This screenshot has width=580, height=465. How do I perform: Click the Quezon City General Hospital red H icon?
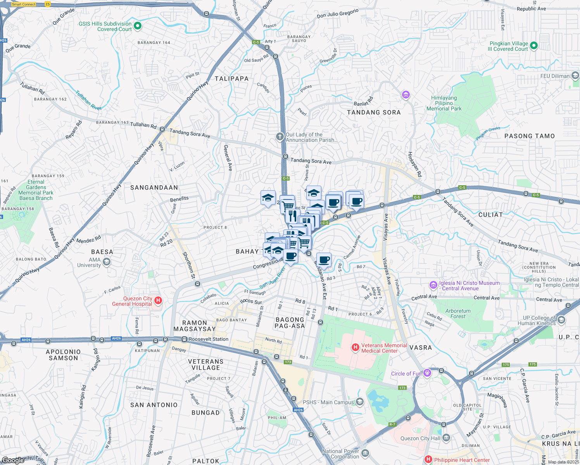pos(158,300)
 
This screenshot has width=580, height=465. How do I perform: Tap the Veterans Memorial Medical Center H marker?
pos(355,348)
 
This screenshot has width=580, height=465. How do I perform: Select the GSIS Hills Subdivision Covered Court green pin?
pos(138,26)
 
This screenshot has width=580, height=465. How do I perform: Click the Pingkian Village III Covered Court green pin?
pos(533,46)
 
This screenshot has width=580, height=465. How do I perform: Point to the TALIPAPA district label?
pos(231,79)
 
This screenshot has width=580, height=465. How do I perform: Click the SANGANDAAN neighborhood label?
pos(154,188)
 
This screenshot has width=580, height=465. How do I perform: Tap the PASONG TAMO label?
pos(529,136)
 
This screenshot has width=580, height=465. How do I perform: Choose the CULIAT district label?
pos(490,215)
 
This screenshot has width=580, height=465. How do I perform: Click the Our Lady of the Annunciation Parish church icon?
pos(280,136)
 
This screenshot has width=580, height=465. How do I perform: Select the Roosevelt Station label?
pos(209,339)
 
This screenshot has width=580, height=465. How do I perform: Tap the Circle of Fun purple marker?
pos(427,373)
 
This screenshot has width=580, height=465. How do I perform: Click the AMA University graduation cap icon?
pos(107,262)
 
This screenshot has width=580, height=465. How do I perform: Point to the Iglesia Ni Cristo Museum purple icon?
pos(433,285)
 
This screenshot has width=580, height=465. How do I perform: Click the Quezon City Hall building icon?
pos(446,438)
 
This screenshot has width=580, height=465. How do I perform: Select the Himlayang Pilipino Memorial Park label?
pos(444,103)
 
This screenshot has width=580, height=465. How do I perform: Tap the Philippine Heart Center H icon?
pos(428,460)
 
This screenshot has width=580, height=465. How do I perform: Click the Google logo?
pos(13,460)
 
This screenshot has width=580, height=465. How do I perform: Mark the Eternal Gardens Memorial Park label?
pos(36,190)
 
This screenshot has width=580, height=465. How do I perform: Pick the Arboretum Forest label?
pos(458,313)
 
